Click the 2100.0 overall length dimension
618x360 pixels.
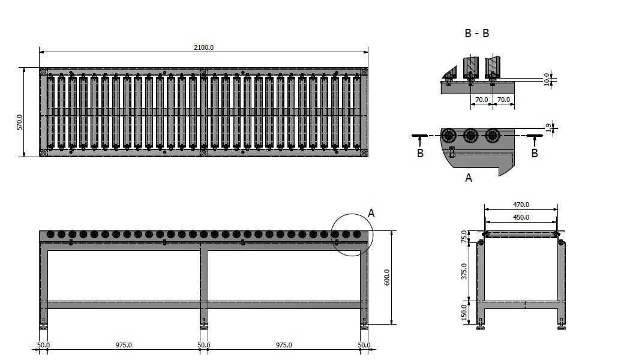(204, 47)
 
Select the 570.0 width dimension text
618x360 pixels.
(20, 122)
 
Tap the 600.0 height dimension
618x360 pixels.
(386, 278)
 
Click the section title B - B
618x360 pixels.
(477, 33)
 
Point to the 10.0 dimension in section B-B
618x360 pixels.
(547, 79)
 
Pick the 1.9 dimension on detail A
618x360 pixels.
(548, 128)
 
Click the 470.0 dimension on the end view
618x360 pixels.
(521, 205)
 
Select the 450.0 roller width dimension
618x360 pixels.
(521, 217)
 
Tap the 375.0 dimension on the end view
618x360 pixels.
(464, 271)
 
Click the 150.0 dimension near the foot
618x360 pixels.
(464, 313)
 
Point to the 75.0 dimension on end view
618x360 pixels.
(464, 236)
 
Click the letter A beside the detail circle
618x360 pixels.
(371, 214)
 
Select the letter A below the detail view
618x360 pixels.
(468, 178)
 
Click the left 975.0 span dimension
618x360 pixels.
(124, 345)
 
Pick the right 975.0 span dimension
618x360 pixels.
(284, 345)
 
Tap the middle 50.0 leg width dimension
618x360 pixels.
(204, 345)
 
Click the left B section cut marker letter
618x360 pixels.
(420, 153)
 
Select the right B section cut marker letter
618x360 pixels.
(535, 153)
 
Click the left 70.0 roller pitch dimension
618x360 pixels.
(482, 100)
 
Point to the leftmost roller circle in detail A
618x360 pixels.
(448, 136)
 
